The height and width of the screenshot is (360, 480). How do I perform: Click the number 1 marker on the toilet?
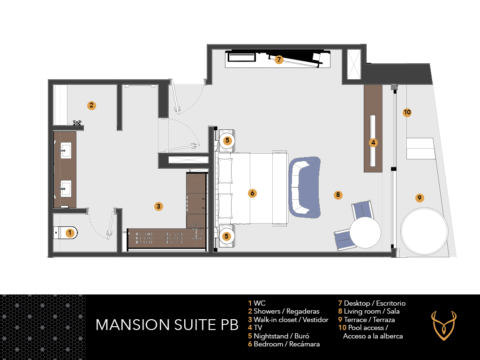(x=70, y=233)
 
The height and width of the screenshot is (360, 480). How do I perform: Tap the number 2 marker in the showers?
(x=91, y=105)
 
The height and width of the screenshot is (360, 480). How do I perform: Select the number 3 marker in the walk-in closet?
(x=158, y=206)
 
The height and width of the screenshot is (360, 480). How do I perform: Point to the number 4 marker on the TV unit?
(x=373, y=142)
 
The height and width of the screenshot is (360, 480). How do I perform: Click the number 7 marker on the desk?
(x=278, y=60)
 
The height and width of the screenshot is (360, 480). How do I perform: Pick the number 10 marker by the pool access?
(x=407, y=112)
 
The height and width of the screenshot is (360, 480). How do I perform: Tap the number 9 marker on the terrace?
(x=420, y=198)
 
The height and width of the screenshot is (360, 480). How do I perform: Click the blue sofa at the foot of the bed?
(x=305, y=187)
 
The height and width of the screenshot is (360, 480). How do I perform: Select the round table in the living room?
(x=365, y=232)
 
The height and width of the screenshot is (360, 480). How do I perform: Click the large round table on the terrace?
(x=424, y=231)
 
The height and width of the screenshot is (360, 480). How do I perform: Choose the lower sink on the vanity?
(x=66, y=188)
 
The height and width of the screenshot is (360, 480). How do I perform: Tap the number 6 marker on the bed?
(x=252, y=193)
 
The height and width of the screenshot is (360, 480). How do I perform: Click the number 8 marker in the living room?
(x=338, y=195)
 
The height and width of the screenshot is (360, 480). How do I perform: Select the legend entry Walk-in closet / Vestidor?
(x=288, y=320)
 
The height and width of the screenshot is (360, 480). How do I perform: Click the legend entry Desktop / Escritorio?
(x=372, y=303)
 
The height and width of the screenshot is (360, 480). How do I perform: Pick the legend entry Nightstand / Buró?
(x=278, y=336)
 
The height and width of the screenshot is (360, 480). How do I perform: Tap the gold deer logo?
(x=443, y=326)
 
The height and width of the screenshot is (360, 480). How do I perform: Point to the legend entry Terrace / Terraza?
(x=367, y=320)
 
